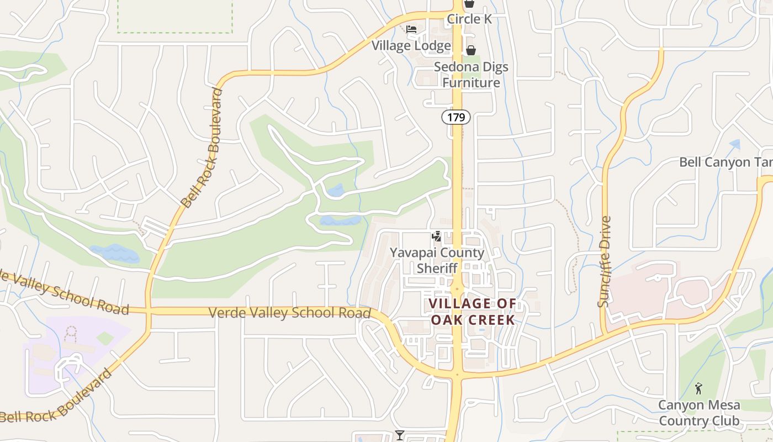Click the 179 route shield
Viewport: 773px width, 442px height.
(x=456, y=117)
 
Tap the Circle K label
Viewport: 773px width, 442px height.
(x=469, y=19)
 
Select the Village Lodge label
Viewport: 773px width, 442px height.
(x=411, y=45)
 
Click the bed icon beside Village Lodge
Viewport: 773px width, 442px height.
(x=411, y=29)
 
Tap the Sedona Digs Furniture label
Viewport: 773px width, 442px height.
(x=471, y=75)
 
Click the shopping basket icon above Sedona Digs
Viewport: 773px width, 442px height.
(x=470, y=50)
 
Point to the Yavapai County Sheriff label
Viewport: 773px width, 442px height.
(x=437, y=260)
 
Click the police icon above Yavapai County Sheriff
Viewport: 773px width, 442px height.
(x=437, y=237)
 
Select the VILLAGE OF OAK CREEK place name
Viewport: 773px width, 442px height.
(x=473, y=312)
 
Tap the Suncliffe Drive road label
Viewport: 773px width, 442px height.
(x=605, y=261)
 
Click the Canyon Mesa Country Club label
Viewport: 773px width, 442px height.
(x=698, y=413)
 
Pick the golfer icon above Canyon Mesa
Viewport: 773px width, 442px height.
(x=698, y=388)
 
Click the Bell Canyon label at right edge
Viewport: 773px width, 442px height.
(x=724, y=162)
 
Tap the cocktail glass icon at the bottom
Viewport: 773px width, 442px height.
(x=399, y=435)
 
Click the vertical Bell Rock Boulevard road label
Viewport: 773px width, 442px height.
(x=202, y=148)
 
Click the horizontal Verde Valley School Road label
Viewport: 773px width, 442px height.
(x=289, y=313)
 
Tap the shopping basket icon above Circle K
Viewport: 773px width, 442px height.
(x=469, y=3)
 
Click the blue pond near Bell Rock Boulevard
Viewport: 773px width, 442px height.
(x=115, y=253)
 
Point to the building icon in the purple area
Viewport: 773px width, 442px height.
(x=71, y=333)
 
